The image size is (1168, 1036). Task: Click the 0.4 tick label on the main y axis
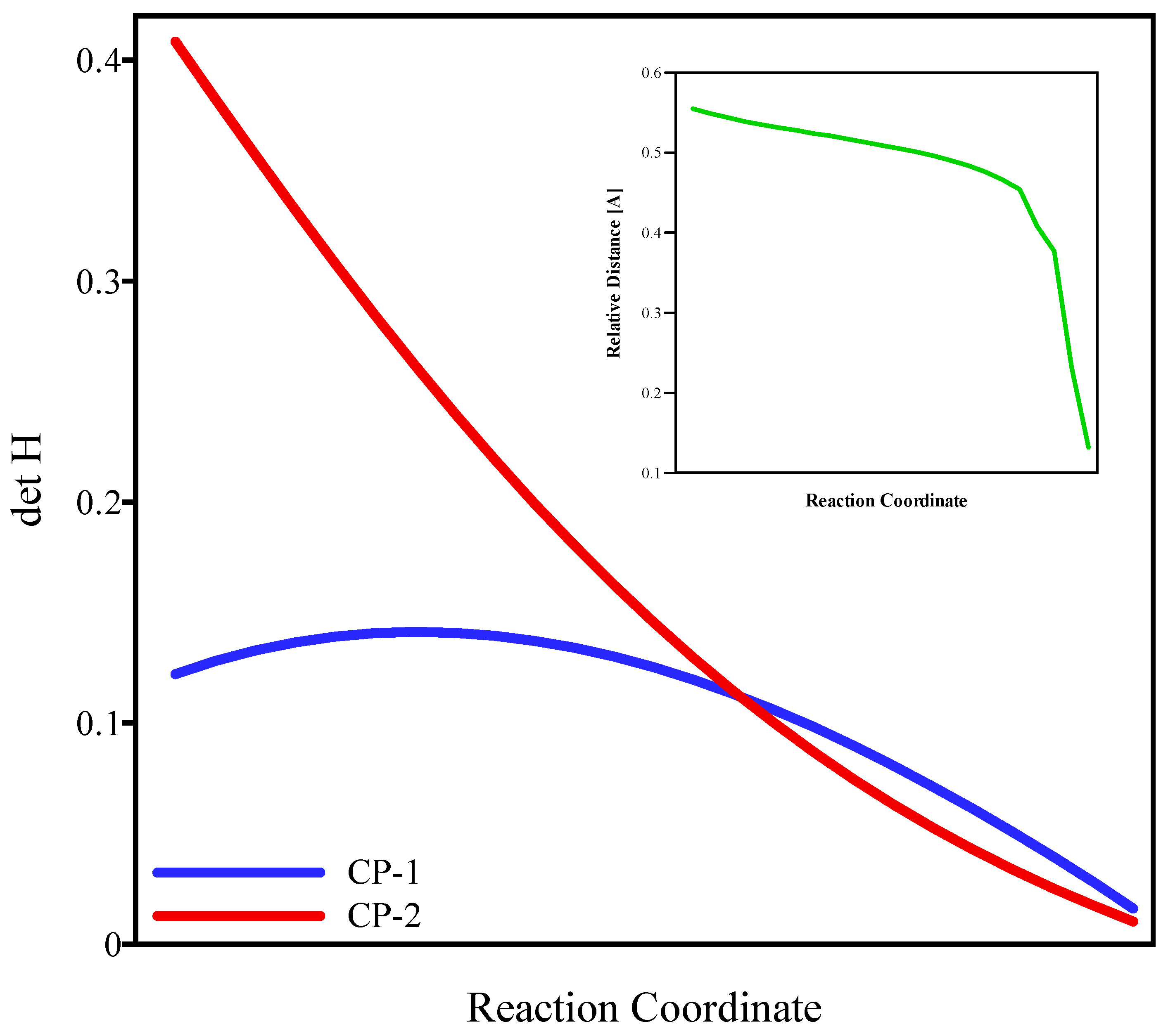[x=98, y=61]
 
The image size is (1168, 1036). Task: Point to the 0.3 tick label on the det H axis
[x=98, y=282]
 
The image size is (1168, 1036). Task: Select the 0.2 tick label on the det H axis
[x=98, y=503]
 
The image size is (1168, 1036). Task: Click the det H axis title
[x=27, y=480]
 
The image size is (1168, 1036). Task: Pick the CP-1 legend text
[x=383, y=872]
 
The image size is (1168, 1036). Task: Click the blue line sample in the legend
[x=239, y=872]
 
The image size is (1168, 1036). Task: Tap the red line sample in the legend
[x=239, y=915]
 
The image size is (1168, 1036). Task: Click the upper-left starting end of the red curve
[x=176, y=42]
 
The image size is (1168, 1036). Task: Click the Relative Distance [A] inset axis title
[x=614, y=273]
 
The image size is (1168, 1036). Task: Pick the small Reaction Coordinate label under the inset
[x=886, y=501]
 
